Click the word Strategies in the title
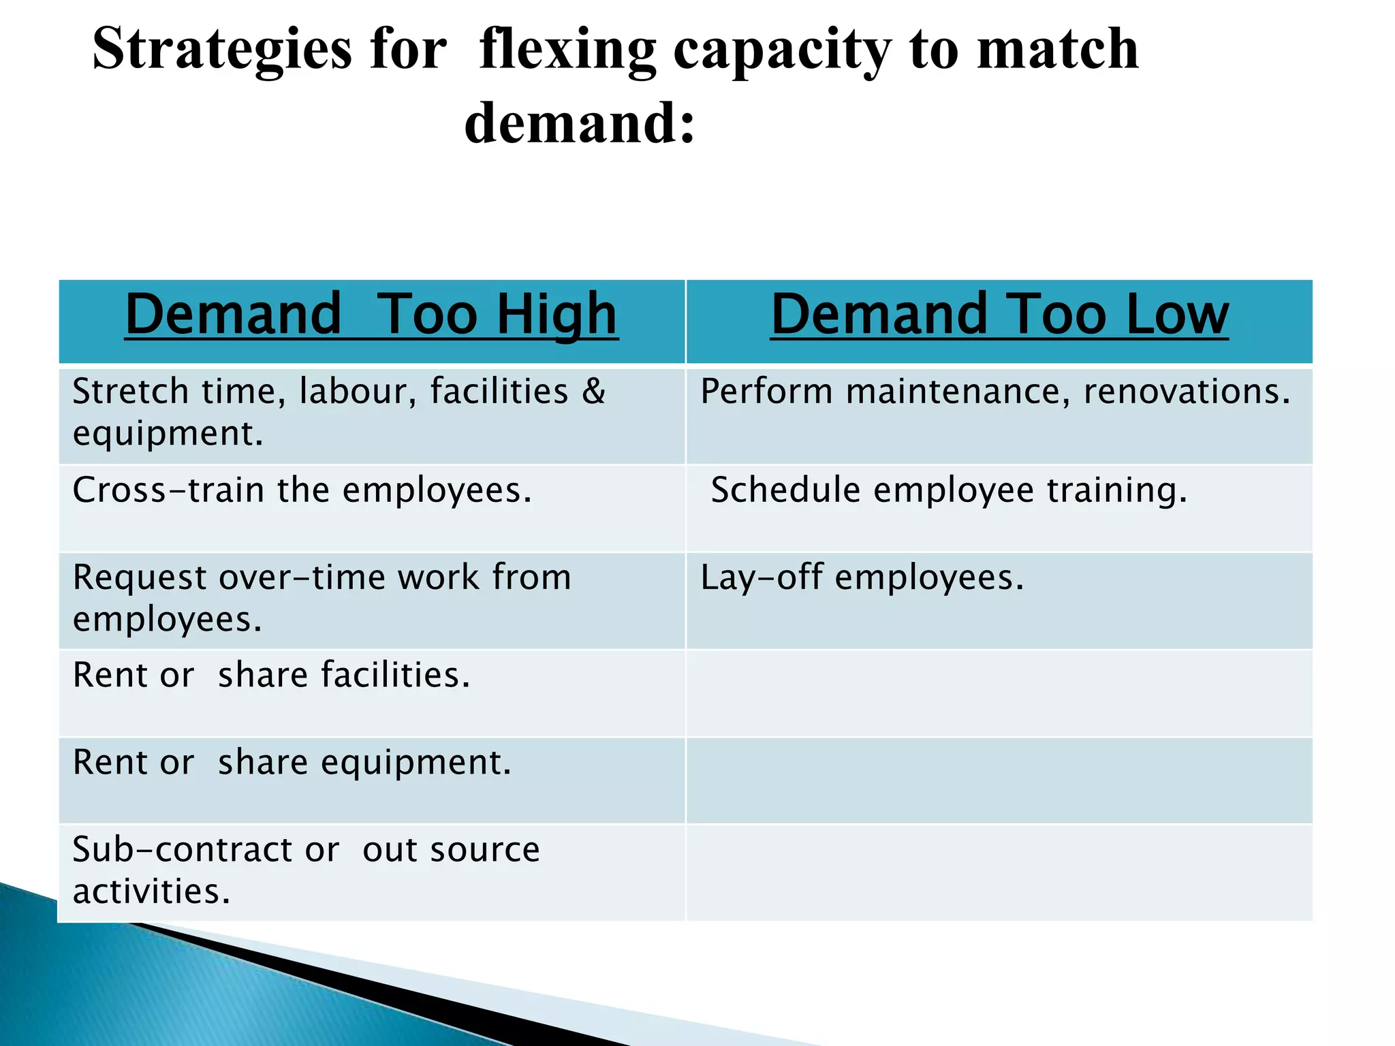click(222, 49)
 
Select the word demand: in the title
click(580, 123)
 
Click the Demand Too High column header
click(371, 315)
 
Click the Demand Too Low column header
click(999, 315)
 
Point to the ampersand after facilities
click(593, 392)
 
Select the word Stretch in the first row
click(130, 392)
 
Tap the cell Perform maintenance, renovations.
click(995, 392)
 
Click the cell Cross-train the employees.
click(302, 490)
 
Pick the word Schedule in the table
click(785, 490)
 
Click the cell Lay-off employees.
click(862, 577)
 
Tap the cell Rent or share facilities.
click(271, 676)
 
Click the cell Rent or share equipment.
click(292, 763)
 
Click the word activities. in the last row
click(151, 892)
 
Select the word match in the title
click(1057, 49)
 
